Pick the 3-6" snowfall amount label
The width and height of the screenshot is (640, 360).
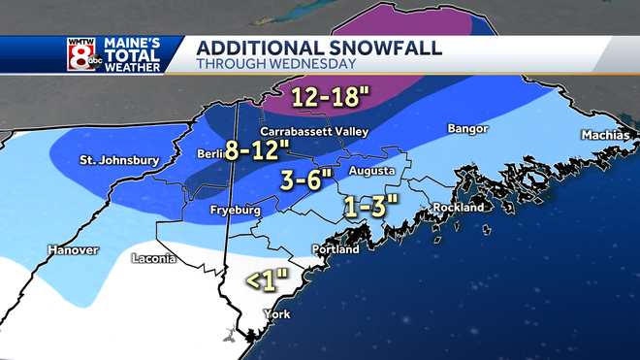[x=307, y=180]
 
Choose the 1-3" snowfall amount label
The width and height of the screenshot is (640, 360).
[x=372, y=206]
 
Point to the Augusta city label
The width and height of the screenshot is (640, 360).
[x=371, y=171]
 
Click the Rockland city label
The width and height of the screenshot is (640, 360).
[x=460, y=208]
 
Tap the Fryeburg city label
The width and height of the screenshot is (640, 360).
[x=235, y=210]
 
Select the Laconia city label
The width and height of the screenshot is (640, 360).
[x=153, y=259]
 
